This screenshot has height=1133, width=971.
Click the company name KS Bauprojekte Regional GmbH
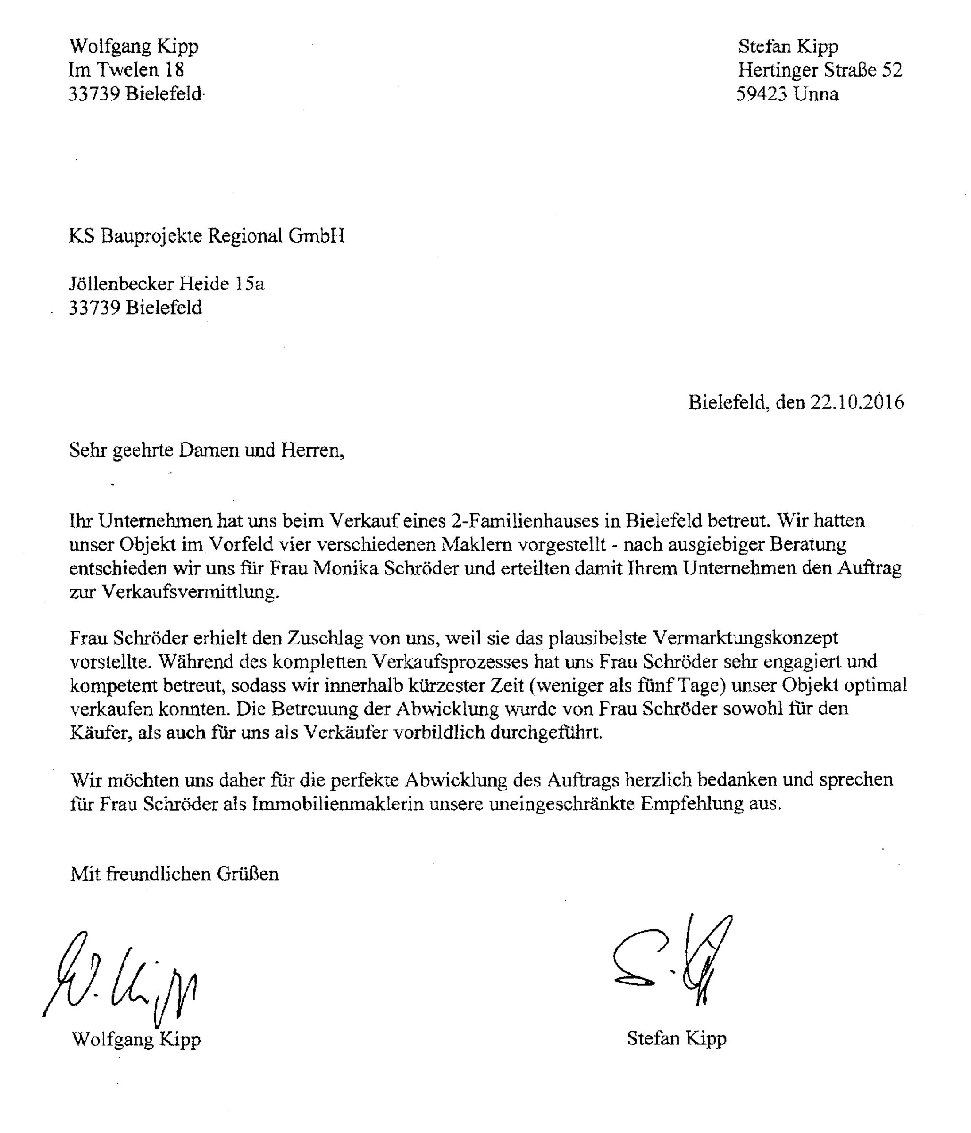pos(207,236)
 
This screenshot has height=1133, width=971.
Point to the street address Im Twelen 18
pos(126,70)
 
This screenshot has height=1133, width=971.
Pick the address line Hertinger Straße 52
pos(820,70)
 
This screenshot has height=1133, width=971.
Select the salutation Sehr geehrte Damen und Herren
pos(207,450)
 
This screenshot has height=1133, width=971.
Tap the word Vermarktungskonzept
pos(745,638)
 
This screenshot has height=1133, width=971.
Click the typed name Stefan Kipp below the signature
pos(676,1038)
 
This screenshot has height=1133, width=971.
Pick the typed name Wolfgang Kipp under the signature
pos(135,1039)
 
